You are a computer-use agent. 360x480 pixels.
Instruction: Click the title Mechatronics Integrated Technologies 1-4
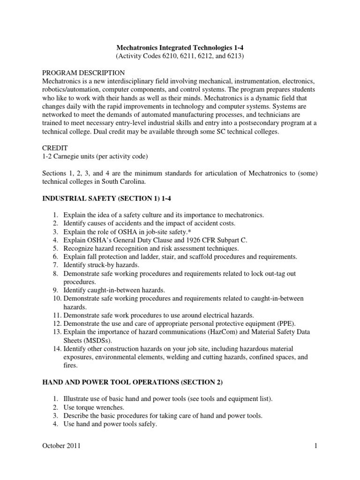click(180, 47)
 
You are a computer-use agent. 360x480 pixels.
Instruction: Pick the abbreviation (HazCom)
click(209, 332)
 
